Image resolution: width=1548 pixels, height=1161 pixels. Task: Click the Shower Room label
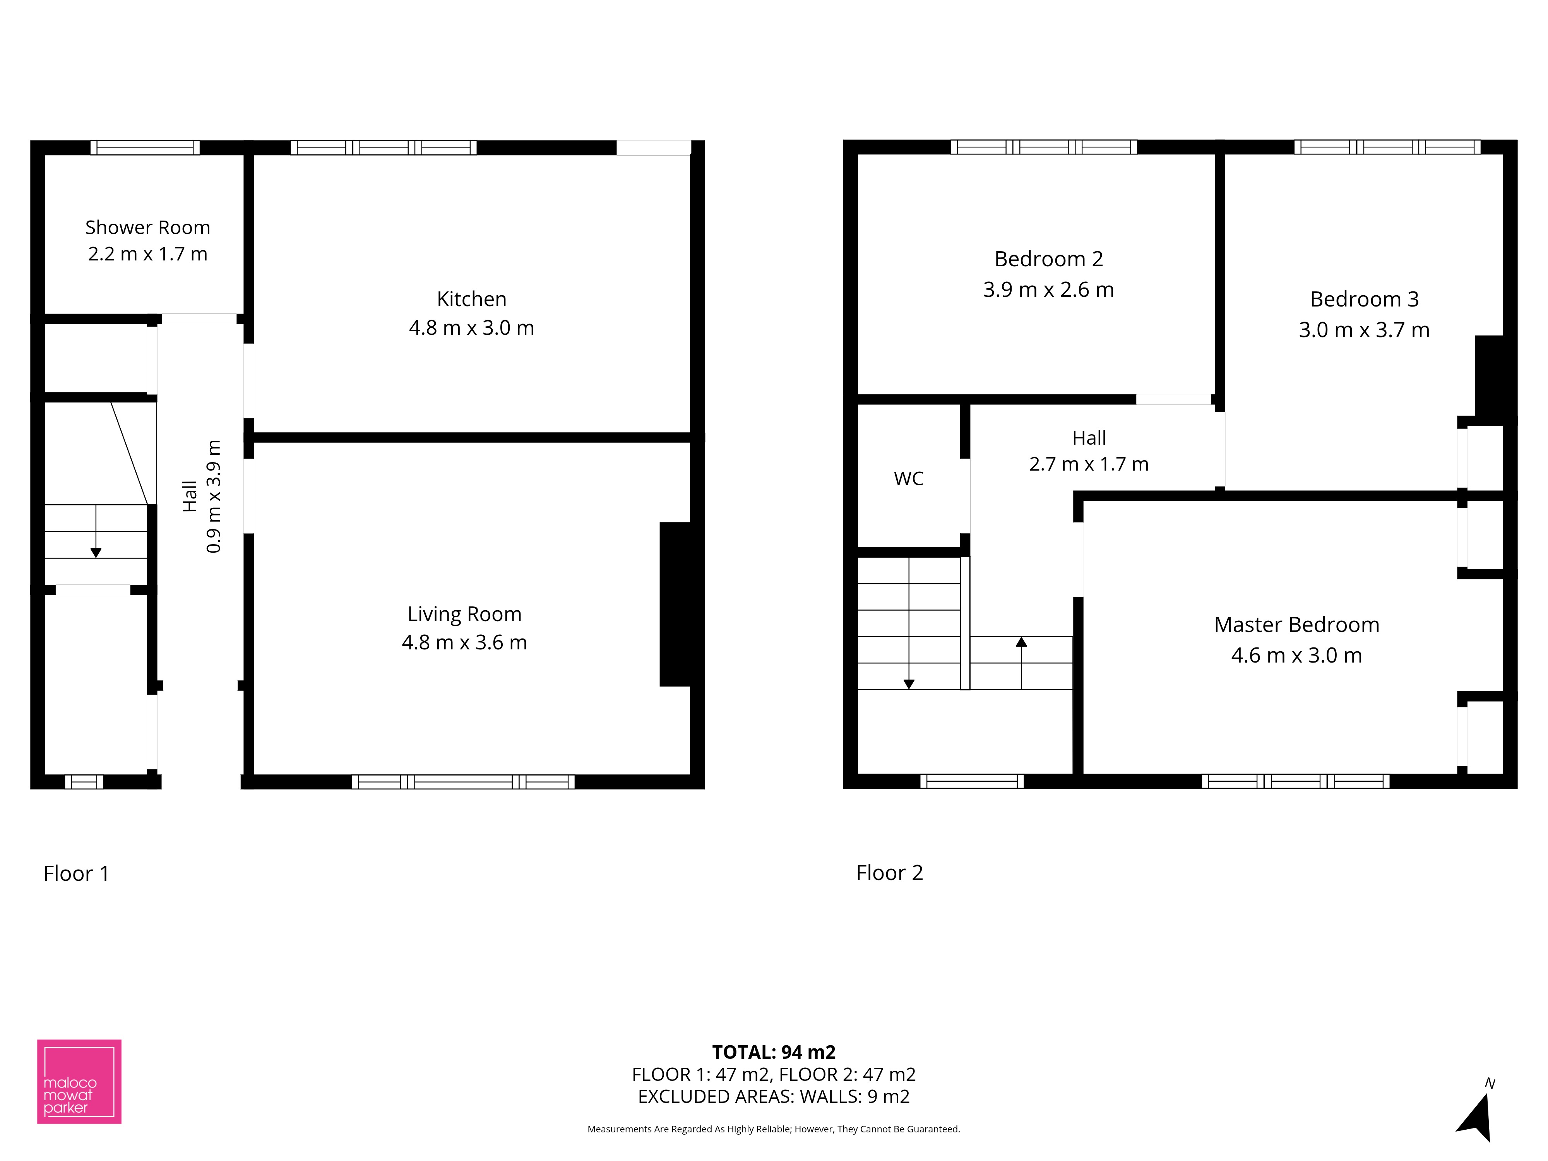[148, 228]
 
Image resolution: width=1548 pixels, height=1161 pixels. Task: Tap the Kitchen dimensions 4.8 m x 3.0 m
[472, 327]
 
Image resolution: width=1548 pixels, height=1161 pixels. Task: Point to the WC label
[908, 479]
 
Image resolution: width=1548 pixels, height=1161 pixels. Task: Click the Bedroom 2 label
[1048, 259]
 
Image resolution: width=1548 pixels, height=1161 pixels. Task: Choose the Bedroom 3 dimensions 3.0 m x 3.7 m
[1364, 330]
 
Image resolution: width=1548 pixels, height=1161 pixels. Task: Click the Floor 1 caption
[76, 873]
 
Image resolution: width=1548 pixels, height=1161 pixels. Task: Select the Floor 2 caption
[889, 873]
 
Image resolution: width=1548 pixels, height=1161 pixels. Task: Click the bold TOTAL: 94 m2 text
[774, 1052]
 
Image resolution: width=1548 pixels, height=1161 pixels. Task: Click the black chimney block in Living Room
[675, 604]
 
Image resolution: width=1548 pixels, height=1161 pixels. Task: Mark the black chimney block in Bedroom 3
[1489, 377]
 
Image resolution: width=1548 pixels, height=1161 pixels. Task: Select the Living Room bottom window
[463, 782]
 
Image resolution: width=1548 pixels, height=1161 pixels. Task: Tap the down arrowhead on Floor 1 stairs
[96, 553]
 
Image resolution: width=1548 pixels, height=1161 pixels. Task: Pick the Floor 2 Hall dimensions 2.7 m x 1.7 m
[1089, 464]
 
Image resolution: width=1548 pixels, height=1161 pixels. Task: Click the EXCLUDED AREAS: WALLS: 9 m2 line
[774, 1097]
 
